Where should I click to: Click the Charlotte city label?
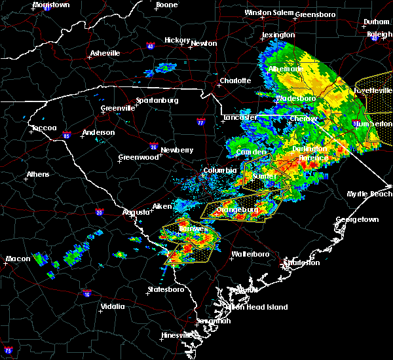click(235, 81)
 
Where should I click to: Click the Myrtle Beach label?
click(370, 194)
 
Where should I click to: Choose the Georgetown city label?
click(358, 220)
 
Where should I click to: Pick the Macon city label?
click(17, 259)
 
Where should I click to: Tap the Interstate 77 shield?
click(201, 122)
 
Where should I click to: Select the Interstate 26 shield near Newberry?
click(153, 146)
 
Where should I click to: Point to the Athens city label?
click(38, 175)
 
